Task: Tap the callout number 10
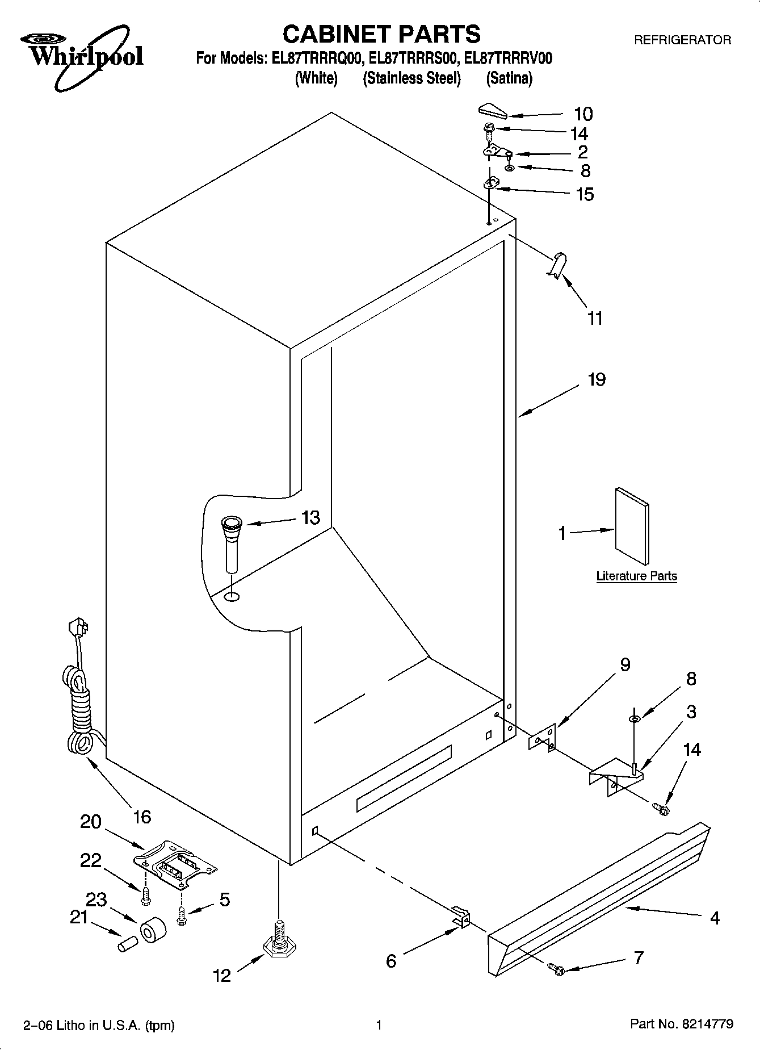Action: coord(583,114)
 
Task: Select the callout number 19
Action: coord(596,379)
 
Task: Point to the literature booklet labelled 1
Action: coord(632,526)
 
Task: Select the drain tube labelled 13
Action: coord(231,542)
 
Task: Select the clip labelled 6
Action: coord(463,915)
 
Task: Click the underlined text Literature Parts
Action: coord(636,576)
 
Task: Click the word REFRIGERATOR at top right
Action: coord(682,40)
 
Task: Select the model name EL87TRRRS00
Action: coord(413,58)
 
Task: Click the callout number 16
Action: coord(142,817)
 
